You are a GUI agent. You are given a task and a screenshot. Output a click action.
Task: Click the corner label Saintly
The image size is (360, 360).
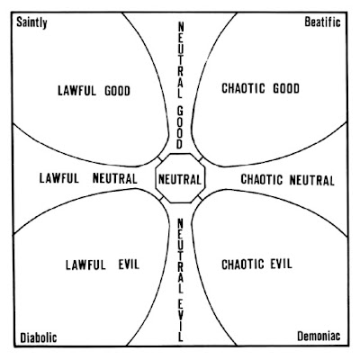tap(31, 22)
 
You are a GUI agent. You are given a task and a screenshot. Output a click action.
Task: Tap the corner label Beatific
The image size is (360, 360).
tap(322, 22)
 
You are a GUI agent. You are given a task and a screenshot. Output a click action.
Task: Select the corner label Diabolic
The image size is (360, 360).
tap(39, 337)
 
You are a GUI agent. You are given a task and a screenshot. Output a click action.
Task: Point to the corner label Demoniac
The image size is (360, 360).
tap(319, 336)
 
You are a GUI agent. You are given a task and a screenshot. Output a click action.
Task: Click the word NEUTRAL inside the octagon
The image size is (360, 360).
tap(180, 180)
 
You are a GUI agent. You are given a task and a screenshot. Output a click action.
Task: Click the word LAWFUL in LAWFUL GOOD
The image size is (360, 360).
tap(77, 91)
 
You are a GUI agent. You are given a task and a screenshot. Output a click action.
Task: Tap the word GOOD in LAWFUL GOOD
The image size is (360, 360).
tap(117, 91)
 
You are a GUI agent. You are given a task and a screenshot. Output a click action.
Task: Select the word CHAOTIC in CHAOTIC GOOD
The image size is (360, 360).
tap(243, 88)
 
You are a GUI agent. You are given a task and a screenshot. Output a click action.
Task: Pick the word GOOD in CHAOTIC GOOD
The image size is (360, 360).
tap(286, 88)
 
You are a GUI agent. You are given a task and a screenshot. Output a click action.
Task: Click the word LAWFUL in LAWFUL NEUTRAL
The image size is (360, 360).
tap(59, 178)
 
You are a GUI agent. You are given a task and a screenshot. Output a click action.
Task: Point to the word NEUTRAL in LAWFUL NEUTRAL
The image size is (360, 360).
tap(115, 178)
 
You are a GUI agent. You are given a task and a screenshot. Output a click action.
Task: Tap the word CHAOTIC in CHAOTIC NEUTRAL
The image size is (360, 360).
tap(262, 179)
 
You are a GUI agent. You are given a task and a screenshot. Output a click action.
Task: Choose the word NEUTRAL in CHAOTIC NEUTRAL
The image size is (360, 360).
tap(312, 180)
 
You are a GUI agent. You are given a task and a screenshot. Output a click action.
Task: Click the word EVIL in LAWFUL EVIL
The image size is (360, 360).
tap(129, 265)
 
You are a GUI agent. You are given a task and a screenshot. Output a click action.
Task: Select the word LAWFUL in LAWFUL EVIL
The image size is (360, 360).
tap(85, 265)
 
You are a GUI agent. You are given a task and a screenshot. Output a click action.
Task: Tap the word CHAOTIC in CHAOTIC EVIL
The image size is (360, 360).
tap(243, 265)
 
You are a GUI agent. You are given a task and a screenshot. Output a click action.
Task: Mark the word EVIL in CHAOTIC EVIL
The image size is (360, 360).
tap(282, 264)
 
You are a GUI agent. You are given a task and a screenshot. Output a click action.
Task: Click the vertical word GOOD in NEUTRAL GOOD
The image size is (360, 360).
tap(180, 128)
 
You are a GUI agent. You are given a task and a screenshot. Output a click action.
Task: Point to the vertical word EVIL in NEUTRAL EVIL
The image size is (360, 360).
tap(180, 320)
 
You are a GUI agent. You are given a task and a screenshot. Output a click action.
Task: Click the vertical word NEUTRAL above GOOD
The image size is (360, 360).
tap(180, 60)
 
